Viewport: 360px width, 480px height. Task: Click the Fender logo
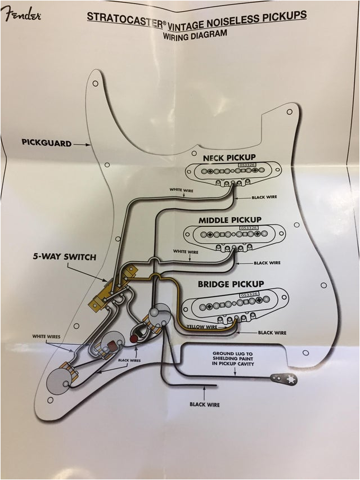(21, 15)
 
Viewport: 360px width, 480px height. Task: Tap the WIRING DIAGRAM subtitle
(195, 34)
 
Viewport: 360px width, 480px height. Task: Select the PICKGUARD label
(47, 143)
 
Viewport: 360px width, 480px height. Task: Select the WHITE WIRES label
(47, 337)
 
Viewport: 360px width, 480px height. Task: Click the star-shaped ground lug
(291, 380)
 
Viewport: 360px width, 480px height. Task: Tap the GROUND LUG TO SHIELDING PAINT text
(233, 359)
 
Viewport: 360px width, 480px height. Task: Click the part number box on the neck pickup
(246, 165)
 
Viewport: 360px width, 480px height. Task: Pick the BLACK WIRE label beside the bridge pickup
(272, 333)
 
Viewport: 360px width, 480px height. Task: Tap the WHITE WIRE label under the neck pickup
(182, 190)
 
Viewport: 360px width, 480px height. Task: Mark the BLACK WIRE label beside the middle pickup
(268, 263)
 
